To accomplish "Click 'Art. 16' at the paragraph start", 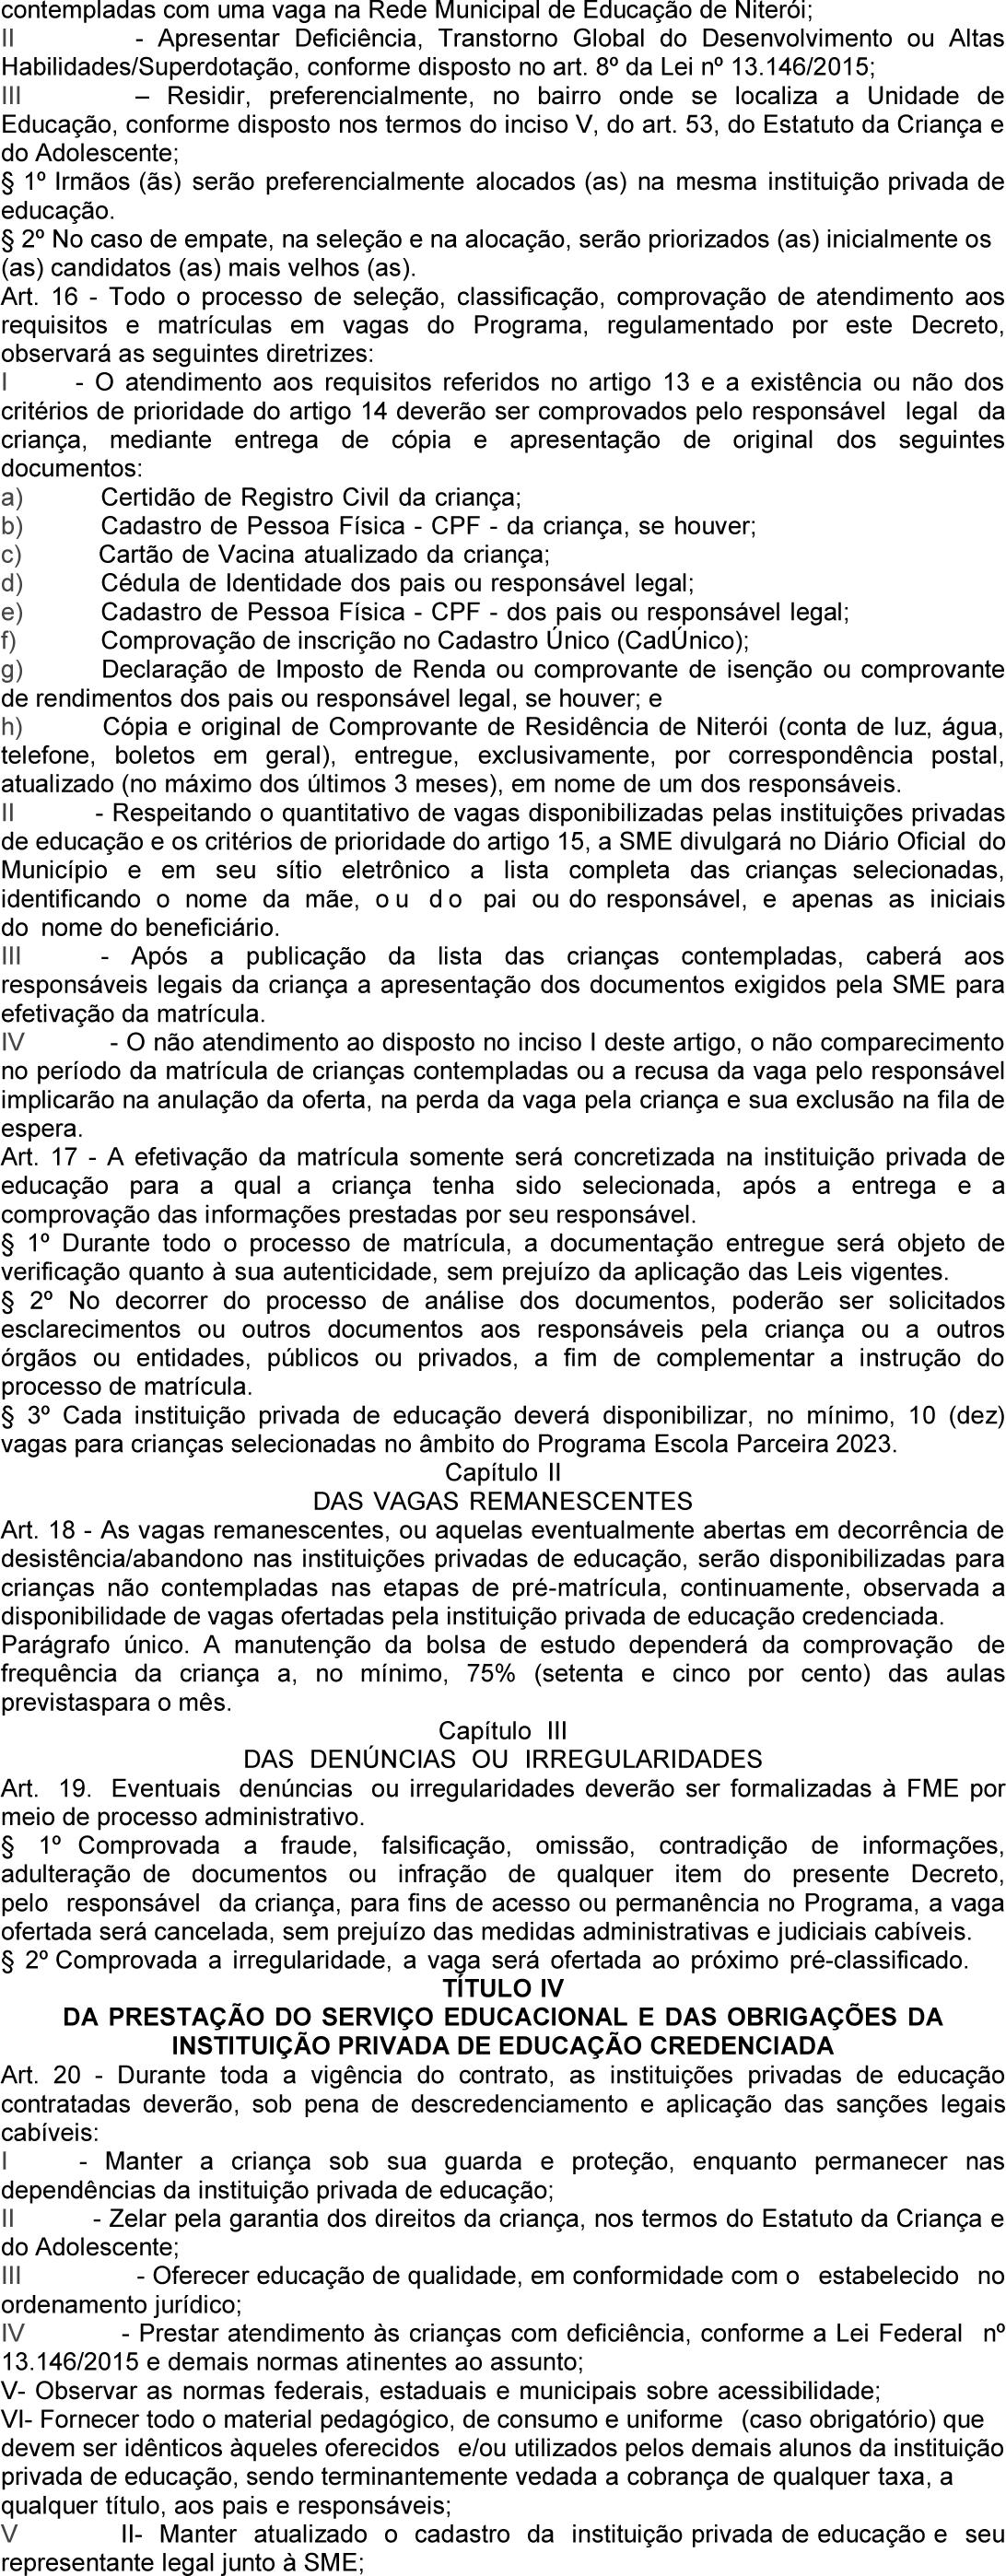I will pyautogui.click(x=36, y=298).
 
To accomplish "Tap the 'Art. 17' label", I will pyautogui.click(x=36, y=1159).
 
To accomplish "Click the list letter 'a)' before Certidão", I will pyautogui.click(x=14, y=497).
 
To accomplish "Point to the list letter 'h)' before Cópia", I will pyautogui.click(x=14, y=725).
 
